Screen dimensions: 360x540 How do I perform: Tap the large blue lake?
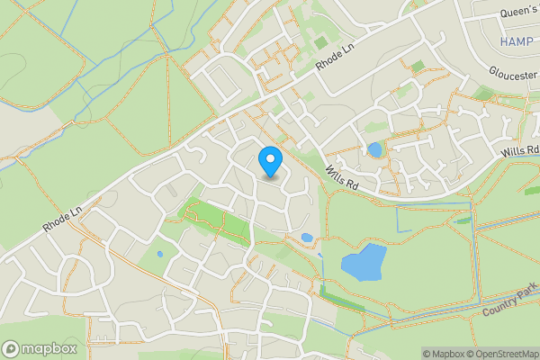[x=364, y=262]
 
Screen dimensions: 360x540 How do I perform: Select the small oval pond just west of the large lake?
[x=307, y=238]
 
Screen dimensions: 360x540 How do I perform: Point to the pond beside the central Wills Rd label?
[x=373, y=149]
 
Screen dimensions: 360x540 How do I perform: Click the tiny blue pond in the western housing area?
[x=160, y=254]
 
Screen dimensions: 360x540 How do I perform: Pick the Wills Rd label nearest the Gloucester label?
[x=519, y=151]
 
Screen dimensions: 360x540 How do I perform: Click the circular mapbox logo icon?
[x=12, y=348]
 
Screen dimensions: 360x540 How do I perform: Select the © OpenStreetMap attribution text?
[x=502, y=354]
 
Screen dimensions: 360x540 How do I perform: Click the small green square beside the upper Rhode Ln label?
[x=320, y=40]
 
